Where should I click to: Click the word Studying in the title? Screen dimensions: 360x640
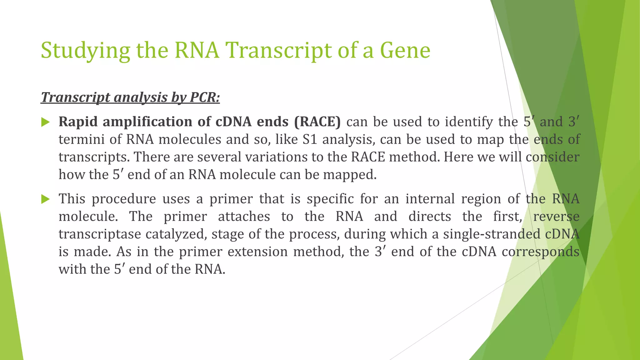coord(85,51)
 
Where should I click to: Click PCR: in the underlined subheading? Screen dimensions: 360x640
coord(205,97)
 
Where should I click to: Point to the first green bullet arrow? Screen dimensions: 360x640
coord(46,122)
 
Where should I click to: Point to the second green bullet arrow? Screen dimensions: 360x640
coord(46,199)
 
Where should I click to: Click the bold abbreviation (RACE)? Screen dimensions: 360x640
coord(317,122)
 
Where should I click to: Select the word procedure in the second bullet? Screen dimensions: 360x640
coord(123,199)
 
